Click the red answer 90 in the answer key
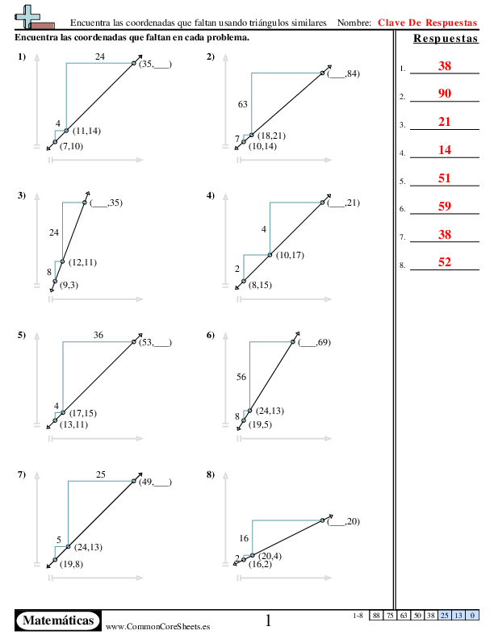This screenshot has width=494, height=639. tap(445, 94)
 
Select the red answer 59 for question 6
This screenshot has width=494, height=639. tap(445, 207)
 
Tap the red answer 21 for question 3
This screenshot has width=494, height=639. tap(445, 122)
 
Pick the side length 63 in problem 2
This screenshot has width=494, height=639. tap(242, 105)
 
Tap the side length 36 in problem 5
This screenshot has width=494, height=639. tap(98, 336)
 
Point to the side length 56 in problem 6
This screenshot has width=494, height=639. tap(241, 377)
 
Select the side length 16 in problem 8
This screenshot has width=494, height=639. tap(244, 537)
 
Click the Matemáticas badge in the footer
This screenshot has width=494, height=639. tap(58, 620)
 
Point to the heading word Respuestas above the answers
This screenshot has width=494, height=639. tap(445, 40)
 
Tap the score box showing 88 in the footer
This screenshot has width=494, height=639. tap(376, 616)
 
